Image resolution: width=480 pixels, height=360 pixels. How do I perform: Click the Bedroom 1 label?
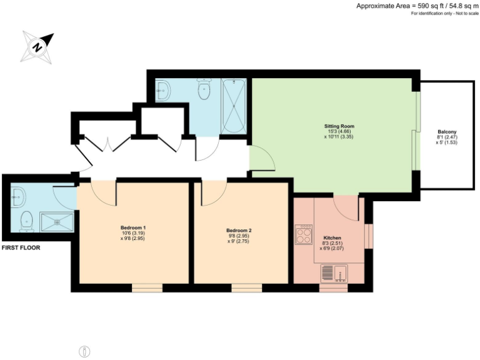click(x=133, y=232)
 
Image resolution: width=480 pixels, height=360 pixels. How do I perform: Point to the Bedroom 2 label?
click(x=239, y=235)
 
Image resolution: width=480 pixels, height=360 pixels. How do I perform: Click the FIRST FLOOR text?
click(x=21, y=247)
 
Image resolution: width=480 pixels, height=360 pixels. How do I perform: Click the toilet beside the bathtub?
click(x=204, y=91)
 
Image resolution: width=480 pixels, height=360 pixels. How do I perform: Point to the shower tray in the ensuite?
click(x=57, y=221)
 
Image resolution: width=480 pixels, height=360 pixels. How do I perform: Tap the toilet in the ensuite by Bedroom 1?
click(x=26, y=220)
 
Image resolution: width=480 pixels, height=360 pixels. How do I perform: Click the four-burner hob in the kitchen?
click(x=304, y=236)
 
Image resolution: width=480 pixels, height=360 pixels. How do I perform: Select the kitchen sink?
click(x=334, y=273)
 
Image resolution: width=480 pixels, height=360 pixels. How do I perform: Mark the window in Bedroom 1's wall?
click(x=147, y=287)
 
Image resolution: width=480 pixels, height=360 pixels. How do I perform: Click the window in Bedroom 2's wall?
click(x=247, y=287)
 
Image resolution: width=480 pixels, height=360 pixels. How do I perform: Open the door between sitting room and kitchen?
click(x=346, y=207)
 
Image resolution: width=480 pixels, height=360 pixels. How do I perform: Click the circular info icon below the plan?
click(x=85, y=351)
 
